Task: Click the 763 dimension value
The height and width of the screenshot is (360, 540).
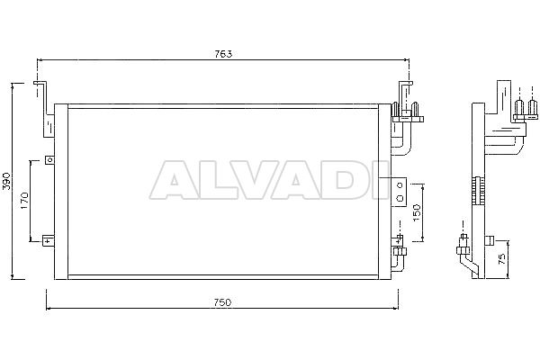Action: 223,54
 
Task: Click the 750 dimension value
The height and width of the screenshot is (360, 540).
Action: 222,302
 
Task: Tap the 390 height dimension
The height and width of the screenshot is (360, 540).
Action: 7,181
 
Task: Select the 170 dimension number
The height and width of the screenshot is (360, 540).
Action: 24,202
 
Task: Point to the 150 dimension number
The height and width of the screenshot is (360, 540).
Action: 417,212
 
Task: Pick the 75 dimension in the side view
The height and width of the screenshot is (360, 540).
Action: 502,258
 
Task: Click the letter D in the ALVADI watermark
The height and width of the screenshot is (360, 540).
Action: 341,179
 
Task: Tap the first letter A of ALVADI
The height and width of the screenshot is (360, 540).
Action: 169,179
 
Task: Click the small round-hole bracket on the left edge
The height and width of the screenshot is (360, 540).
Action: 49,160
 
